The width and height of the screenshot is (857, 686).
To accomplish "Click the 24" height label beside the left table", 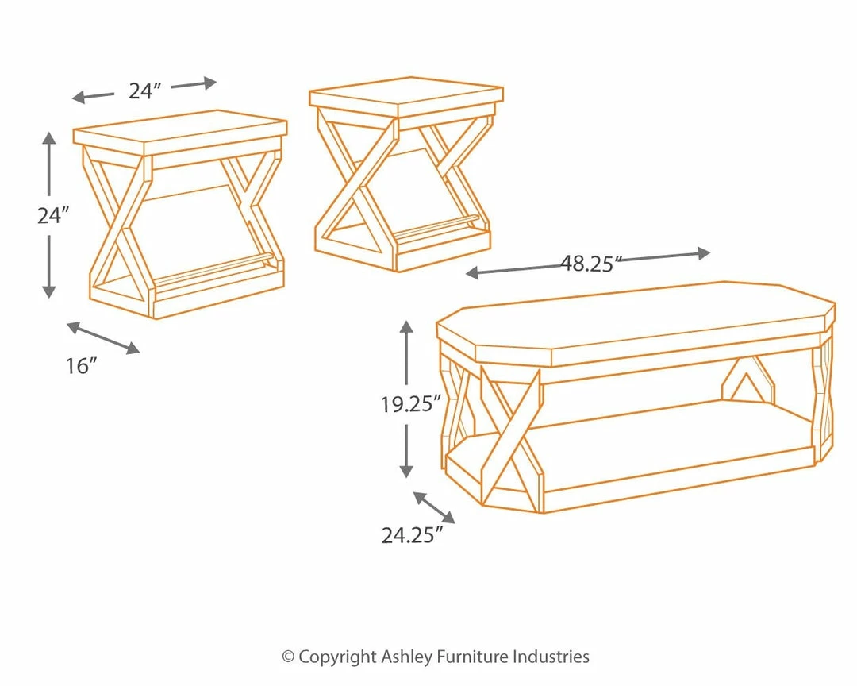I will pos(53,215).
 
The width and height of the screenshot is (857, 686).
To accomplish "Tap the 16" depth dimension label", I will pos(81,365).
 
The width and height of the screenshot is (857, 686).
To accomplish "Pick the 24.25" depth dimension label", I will pos(411,535).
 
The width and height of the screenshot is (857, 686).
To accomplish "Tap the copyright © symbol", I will pos(288,657).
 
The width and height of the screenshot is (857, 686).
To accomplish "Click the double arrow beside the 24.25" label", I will pos(434,507).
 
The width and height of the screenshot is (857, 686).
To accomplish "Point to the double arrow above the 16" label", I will pos(103,337).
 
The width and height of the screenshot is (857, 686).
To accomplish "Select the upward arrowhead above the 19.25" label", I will pos(406,328).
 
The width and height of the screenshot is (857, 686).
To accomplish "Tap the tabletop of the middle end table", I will pos(406,94).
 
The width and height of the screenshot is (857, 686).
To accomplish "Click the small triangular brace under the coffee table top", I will pos(747,381).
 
